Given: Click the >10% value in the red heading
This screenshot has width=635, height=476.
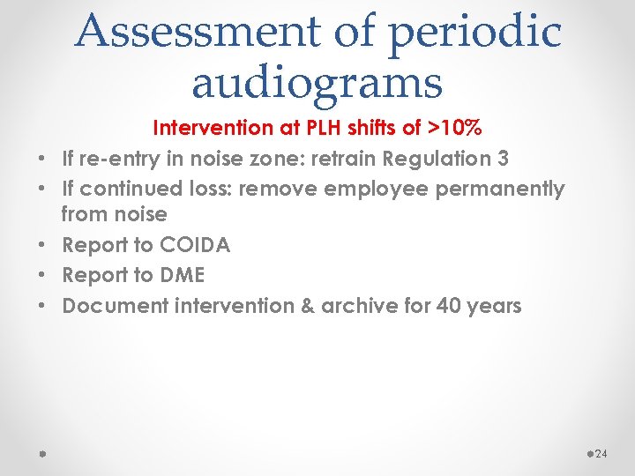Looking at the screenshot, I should coord(454,128).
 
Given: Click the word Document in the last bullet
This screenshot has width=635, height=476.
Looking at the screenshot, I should coord(108,306).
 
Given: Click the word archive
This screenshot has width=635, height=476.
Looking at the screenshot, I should coord(355,306).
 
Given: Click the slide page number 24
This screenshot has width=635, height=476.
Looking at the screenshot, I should coord(602,454).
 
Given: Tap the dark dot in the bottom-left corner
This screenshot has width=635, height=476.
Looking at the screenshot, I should coord(42,453).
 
